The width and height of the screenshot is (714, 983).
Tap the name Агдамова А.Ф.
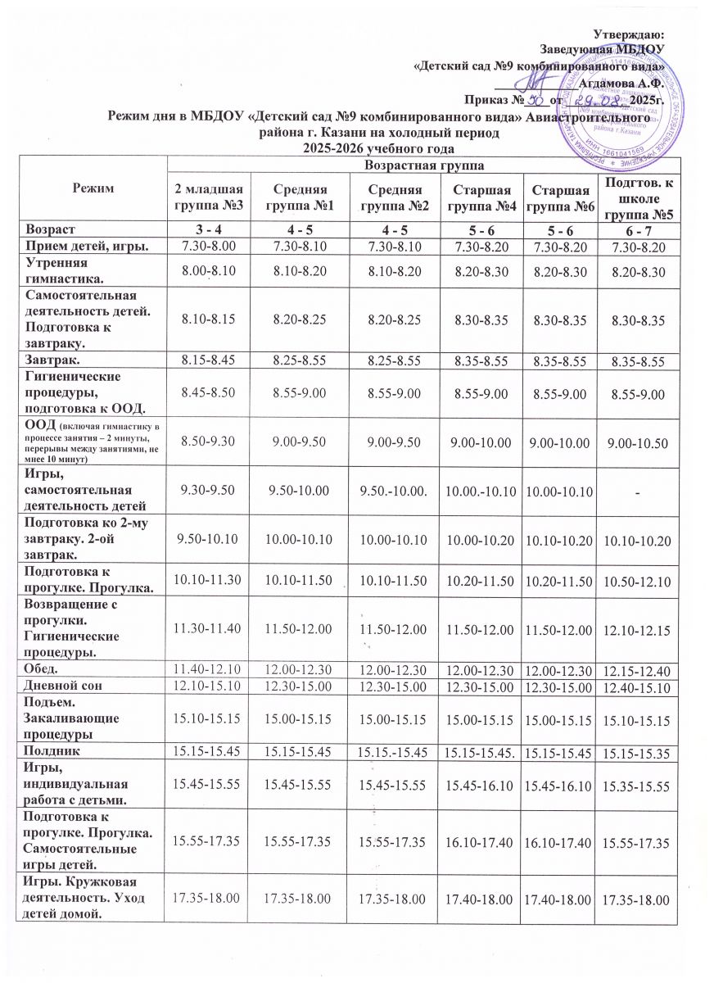(621, 81)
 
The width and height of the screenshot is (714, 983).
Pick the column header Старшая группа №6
(557, 197)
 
